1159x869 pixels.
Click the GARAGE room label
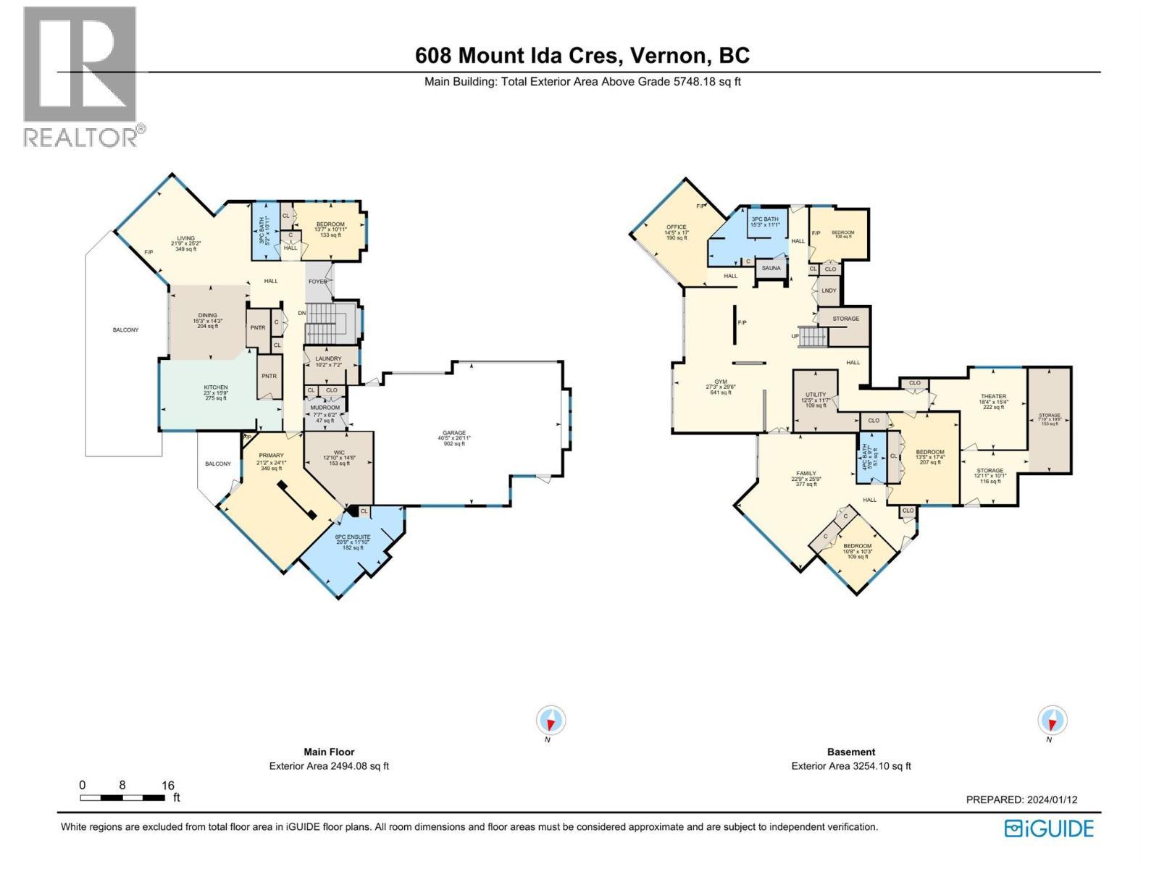pyautogui.click(x=454, y=433)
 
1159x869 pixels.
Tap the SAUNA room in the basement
pyautogui.click(x=771, y=268)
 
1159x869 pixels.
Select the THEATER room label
pyautogui.click(x=993, y=397)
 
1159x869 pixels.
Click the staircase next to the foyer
pyautogui.click(x=330, y=323)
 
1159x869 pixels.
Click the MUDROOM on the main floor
pyautogui.click(x=325, y=408)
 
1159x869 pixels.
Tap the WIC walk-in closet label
pyautogui.click(x=339, y=453)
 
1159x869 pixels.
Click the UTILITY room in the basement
pyautogui.click(x=816, y=395)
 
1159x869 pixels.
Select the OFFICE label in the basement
pyautogui.click(x=676, y=227)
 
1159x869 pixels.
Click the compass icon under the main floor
pyautogui.click(x=551, y=721)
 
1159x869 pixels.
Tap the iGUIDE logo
pyautogui.click(x=1049, y=828)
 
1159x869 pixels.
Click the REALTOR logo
pyautogui.click(x=80, y=76)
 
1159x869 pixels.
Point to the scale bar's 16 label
pyautogui.click(x=167, y=785)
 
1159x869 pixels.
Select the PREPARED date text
pyautogui.click(x=1021, y=799)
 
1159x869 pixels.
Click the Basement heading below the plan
pyautogui.click(x=851, y=752)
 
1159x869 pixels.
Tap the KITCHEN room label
pyautogui.click(x=215, y=387)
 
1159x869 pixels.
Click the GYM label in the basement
pyautogui.click(x=721, y=382)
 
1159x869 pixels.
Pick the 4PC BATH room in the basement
pyautogui.click(x=871, y=458)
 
